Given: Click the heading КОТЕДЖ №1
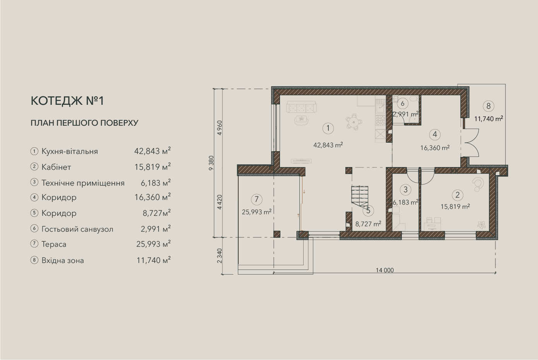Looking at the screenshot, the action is (67, 101).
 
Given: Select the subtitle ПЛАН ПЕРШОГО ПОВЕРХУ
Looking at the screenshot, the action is (85, 123).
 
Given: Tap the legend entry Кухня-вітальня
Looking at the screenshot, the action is (70, 152).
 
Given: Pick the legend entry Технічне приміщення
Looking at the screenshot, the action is (83, 183).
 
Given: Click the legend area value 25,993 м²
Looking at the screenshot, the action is (154, 244).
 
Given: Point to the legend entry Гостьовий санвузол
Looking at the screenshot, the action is (77, 229).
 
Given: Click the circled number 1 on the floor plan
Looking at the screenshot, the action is (328, 128).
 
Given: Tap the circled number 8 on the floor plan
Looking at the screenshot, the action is (488, 106).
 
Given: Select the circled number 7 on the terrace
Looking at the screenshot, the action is (256, 199).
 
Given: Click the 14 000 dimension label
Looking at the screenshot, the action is (385, 270).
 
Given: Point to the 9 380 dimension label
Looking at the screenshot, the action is (211, 163).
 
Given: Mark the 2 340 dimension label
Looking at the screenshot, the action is (220, 256).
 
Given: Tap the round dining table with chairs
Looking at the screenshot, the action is (354, 122).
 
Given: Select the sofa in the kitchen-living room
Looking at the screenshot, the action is (301, 107).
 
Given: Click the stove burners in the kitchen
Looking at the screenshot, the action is (380, 121).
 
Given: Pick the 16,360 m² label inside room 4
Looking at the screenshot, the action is (435, 148).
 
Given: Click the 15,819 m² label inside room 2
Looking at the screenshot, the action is (455, 206).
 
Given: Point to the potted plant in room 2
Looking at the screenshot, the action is (482, 225).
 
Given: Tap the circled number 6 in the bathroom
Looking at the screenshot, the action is (403, 104).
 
